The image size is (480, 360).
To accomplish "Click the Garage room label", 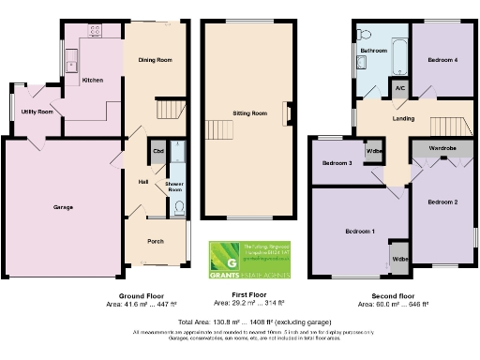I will pos(63,207).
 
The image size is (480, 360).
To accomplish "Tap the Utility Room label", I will pos(37,112).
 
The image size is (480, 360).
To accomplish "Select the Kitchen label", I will pos(93,80).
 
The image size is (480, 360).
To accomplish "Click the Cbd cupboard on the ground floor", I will pos(157,151).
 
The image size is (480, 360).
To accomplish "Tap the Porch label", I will pos(156,241).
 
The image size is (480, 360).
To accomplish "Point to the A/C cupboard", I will pos(400,88).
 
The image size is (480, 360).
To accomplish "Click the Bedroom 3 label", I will pos(337,163).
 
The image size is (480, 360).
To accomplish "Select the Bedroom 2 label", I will pos(442,202).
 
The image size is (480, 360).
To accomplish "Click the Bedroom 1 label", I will pos(359,231).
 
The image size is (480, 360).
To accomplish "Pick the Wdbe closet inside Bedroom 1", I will pos(400,258).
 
